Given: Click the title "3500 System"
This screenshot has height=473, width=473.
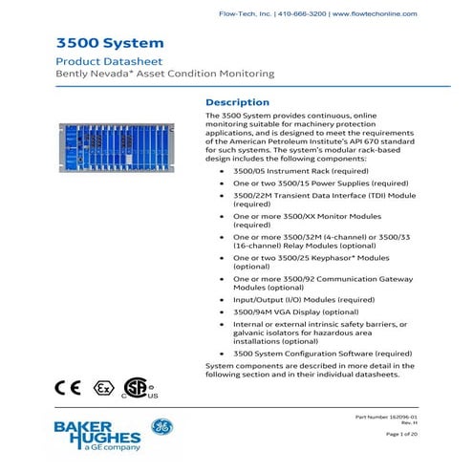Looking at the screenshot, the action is [x=97, y=43].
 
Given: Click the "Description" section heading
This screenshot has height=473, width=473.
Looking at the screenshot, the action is [x=238, y=101].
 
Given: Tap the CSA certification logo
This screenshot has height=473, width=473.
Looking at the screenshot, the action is [x=139, y=387].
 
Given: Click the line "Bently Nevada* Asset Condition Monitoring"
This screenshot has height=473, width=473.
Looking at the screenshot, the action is [x=164, y=74].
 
